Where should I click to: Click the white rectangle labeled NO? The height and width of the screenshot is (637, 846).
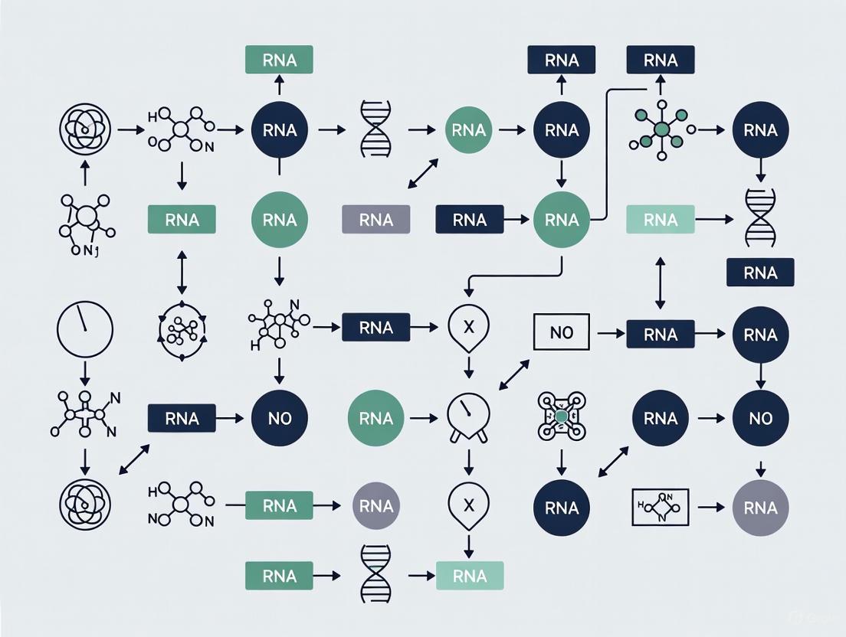pyautogui.click(x=562, y=334)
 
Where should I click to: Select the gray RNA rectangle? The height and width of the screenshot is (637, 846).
pyautogui.click(x=375, y=220)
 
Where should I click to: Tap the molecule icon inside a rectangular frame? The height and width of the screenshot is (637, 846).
pyautogui.click(x=660, y=507)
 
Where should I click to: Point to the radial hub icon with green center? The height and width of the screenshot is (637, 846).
pyautogui.click(x=660, y=129)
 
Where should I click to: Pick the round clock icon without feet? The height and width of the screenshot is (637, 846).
pyautogui.click(x=85, y=330)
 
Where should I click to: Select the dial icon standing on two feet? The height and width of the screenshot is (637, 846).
pyautogui.click(x=467, y=418)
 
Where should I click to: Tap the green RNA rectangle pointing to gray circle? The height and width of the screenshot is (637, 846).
pyautogui.click(x=279, y=506)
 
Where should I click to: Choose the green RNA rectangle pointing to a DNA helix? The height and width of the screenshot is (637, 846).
pyautogui.click(x=279, y=575)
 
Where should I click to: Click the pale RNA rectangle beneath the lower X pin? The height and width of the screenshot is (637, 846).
pyautogui.click(x=469, y=575)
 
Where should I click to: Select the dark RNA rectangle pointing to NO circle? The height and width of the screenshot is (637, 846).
pyautogui.click(x=182, y=418)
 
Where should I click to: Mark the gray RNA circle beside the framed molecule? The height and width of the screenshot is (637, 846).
pyautogui.click(x=760, y=507)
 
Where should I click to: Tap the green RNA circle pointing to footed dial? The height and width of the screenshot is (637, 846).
pyautogui.click(x=375, y=418)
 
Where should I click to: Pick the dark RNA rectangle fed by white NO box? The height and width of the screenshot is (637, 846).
pyautogui.click(x=661, y=334)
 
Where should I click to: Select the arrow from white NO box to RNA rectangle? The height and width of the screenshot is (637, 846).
pyautogui.click(x=610, y=334)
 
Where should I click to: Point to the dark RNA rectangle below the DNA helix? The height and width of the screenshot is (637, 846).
pyautogui.click(x=760, y=273)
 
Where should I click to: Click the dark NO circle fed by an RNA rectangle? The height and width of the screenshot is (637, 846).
pyautogui.click(x=279, y=418)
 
